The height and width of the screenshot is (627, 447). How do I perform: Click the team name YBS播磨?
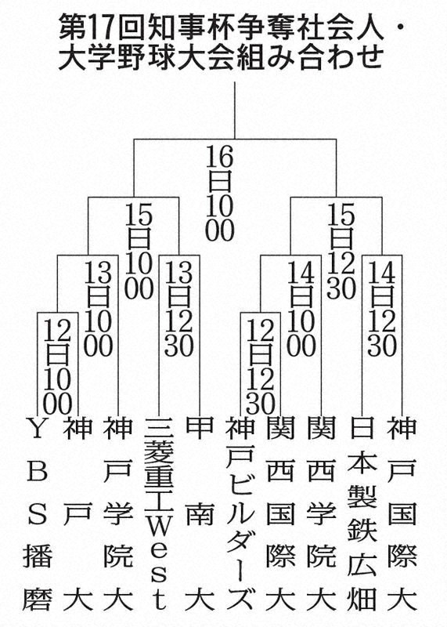point(37,515)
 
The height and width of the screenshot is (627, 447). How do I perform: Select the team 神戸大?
point(78,515)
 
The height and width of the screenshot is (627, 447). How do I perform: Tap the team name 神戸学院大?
point(118,515)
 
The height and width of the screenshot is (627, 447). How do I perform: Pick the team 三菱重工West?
point(159,515)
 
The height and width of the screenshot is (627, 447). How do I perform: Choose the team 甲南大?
point(200,515)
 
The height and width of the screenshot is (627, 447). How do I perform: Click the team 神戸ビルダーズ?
point(240,515)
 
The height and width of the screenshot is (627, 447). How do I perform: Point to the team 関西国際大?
point(281,515)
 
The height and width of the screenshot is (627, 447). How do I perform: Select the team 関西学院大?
point(322,515)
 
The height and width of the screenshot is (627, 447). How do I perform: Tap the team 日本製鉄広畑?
point(362,515)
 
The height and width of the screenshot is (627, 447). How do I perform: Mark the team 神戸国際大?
point(402,515)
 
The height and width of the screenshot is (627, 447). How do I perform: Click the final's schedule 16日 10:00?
point(220,193)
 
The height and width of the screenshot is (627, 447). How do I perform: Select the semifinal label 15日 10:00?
point(139,251)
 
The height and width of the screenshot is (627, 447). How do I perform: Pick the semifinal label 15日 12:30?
point(341,251)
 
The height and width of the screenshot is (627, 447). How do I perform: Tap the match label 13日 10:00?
point(99,309)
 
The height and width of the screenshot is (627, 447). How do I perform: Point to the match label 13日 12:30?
point(179,309)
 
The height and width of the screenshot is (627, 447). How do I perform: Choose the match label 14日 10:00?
point(301,309)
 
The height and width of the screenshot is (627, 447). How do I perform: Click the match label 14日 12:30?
point(382,309)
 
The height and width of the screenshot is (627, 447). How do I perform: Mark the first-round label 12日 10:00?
point(57,367)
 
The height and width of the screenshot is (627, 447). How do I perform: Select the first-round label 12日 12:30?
point(261,367)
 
